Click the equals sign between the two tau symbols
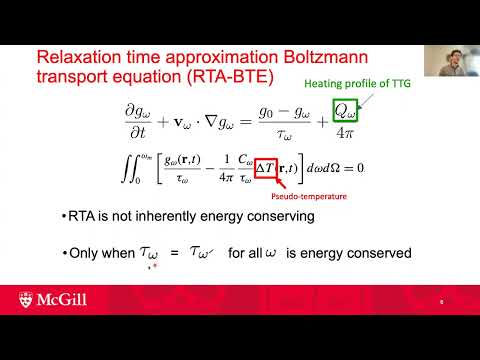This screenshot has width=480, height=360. pyautogui.click(x=175, y=254)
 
